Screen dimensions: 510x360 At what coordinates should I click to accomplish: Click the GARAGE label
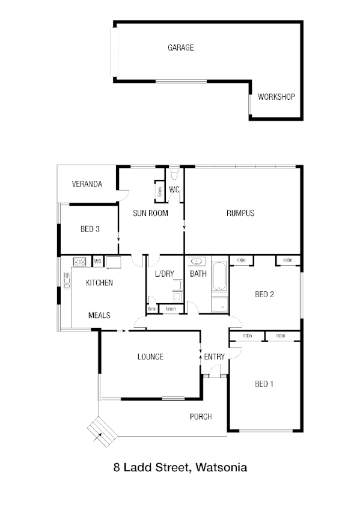[x=180, y=48]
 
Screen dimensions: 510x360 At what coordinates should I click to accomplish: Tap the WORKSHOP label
[x=276, y=96]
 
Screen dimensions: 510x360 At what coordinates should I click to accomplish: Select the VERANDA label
[x=87, y=184]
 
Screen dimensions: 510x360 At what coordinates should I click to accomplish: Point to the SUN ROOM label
[x=150, y=213]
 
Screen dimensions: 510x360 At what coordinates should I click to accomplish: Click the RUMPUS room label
[x=240, y=213]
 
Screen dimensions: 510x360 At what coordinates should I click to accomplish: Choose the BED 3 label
[x=90, y=229]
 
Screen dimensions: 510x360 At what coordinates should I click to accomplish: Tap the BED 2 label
[x=264, y=294]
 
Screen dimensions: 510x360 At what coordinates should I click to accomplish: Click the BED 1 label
[x=264, y=384]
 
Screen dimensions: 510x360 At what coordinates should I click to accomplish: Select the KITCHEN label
[x=99, y=283]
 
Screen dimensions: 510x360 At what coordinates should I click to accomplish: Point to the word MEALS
[x=99, y=315]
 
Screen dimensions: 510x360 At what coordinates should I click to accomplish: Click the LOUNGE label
[x=150, y=357]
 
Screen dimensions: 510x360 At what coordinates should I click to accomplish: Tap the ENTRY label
[x=215, y=357]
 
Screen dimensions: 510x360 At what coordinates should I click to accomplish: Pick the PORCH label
[x=201, y=416]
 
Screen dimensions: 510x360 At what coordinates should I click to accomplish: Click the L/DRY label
[x=164, y=274]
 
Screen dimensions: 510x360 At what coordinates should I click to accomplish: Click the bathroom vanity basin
[x=197, y=262]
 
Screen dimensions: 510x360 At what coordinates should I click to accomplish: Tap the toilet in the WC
[x=174, y=176]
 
